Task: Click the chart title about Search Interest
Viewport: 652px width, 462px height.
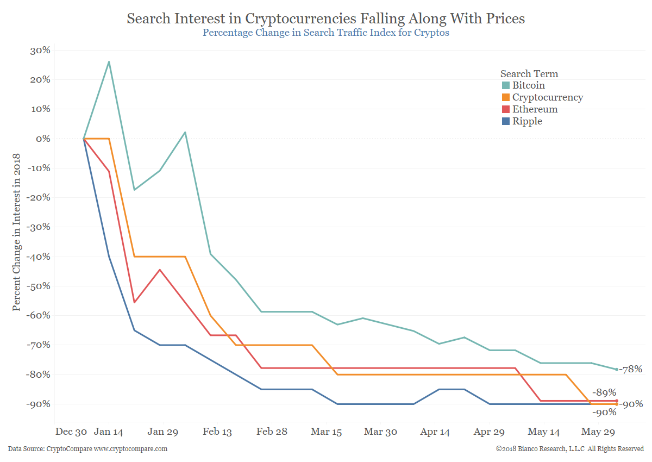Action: [326, 18]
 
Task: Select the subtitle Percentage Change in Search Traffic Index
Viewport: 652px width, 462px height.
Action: [326, 32]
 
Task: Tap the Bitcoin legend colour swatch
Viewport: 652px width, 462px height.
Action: [506, 85]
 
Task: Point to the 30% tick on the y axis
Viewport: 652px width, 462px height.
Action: [39, 50]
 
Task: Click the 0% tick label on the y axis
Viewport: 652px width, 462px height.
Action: [42, 139]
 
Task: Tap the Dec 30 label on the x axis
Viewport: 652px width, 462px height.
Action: [71, 432]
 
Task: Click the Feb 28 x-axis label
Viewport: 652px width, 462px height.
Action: [272, 432]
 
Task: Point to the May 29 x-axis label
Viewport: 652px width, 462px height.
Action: [598, 432]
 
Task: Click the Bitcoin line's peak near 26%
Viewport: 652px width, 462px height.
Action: [109, 61]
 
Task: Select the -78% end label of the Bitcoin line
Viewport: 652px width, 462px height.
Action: [630, 369]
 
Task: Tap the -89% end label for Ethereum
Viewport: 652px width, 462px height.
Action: [604, 392]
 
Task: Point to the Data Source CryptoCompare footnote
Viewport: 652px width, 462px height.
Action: [88, 449]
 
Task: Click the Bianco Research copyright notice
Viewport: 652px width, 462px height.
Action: [569, 449]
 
